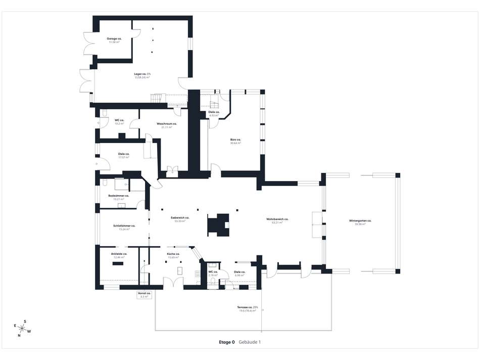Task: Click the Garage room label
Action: click(x=114, y=40)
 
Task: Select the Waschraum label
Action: click(x=167, y=125)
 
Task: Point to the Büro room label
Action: click(x=235, y=141)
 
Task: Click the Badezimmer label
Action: click(x=119, y=197)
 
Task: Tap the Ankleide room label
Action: click(x=119, y=255)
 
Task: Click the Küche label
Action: click(x=173, y=255)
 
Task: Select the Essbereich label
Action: click(x=180, y=219)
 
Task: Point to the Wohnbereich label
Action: click(x=277, y=220)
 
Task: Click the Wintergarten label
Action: click(x=360, y=222)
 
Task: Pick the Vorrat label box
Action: click(x=144, y=295)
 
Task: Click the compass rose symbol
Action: click(x=22, y=328)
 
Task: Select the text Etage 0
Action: click(x=227, y=342)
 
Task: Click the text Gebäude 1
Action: click(x=250, y=342)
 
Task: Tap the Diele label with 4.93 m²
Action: click(x=214, y=114)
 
